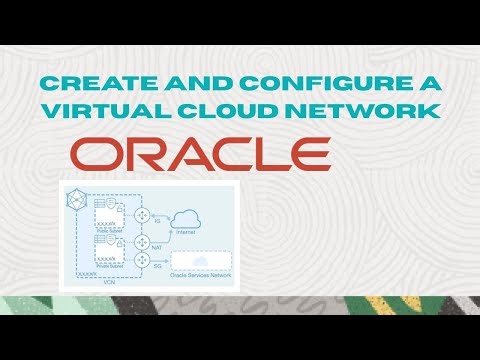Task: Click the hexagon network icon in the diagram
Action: click(x=74, y=197)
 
